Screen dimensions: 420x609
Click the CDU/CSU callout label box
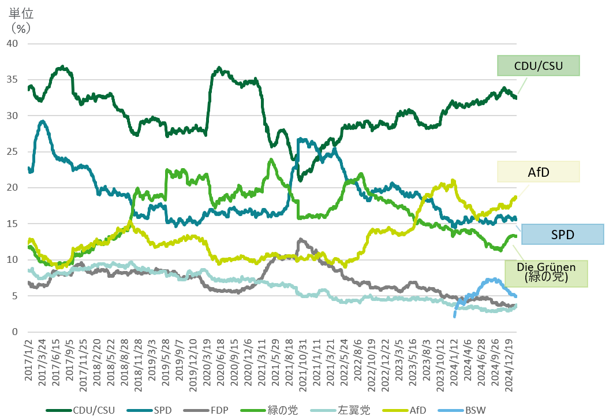[538, 65]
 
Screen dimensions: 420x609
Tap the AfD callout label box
[538, 172]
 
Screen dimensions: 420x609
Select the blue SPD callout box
[562, 235]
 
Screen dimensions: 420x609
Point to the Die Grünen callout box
[546, 273]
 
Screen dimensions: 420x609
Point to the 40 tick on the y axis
[13, 44]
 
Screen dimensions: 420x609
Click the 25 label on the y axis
[13, 152]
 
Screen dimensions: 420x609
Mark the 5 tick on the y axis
[16, 296]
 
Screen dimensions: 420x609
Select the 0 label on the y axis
[16, 332]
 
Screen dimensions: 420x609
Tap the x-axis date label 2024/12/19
[510, 364]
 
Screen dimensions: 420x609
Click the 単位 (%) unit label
[20, 20]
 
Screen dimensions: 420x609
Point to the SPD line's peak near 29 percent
[42, 121]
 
